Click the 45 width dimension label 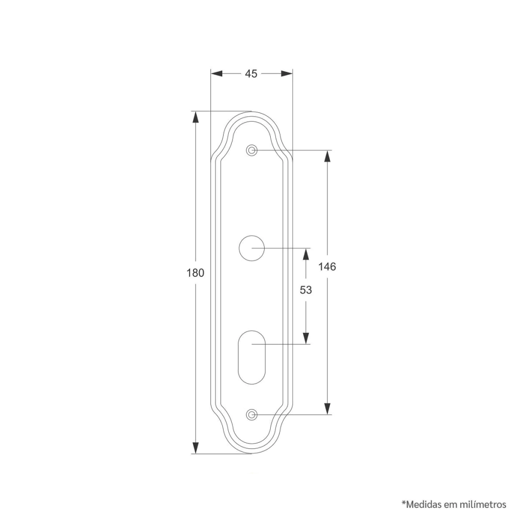[251, 74]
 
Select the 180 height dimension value [195, 273]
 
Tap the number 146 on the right [327, 267]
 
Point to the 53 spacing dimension [305, 290]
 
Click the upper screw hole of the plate [252, 151]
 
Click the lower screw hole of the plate [252, 415]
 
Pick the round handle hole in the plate [252, 248]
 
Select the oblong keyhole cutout [252, 357]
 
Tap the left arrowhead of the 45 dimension [217, 74]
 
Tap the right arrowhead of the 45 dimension [287, 74]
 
